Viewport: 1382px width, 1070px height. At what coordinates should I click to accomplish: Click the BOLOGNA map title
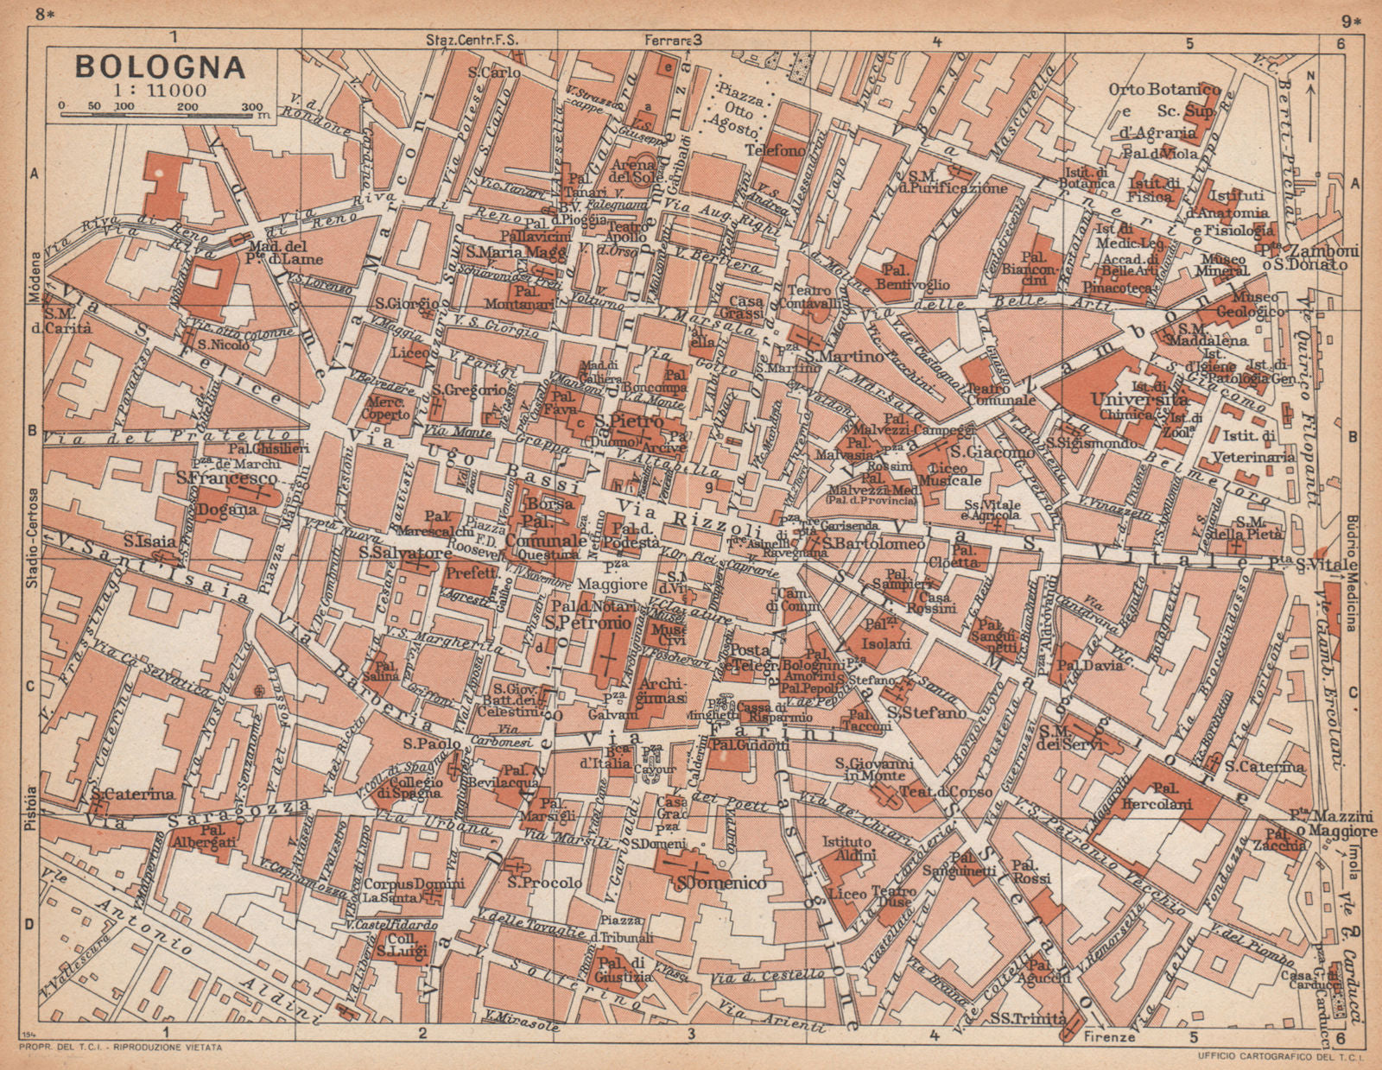(160, 66)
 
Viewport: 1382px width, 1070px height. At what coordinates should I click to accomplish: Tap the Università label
(1139, 400)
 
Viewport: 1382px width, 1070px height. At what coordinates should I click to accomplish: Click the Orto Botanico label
(1165, 90)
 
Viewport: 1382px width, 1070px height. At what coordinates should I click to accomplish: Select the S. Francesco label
(226, 478)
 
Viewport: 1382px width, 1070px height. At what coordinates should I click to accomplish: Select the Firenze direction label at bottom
(1111, 1036)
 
